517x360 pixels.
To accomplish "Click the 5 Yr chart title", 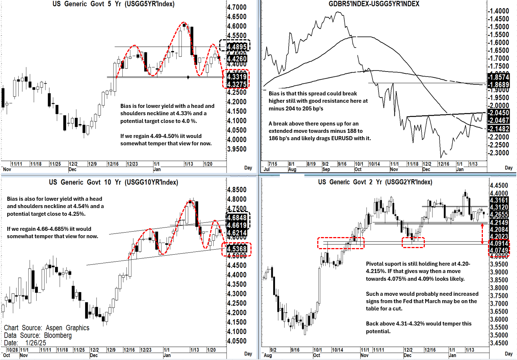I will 113,4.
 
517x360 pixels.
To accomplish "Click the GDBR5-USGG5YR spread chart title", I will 374,4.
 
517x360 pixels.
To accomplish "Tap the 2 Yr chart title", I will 375,182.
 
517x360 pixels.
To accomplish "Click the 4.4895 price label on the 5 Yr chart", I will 237,47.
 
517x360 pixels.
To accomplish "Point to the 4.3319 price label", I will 237,77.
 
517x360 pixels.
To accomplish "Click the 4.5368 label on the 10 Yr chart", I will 237,249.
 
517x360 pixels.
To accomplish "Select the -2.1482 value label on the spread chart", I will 499,129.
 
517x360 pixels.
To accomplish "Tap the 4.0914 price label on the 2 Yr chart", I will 499,243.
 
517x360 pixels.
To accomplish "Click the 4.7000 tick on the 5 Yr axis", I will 237,7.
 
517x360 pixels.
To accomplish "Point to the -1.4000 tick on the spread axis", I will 499,11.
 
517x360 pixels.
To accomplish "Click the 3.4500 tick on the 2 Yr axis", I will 499,343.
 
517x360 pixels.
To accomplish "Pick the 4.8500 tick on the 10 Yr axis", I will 237,190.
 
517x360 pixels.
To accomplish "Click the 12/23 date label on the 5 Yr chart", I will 132,164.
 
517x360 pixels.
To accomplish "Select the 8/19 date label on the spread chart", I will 311,164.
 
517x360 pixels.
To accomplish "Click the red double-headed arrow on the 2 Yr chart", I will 482,233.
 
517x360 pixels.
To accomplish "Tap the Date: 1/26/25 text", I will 25,343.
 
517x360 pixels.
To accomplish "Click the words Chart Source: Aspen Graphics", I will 47,328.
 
